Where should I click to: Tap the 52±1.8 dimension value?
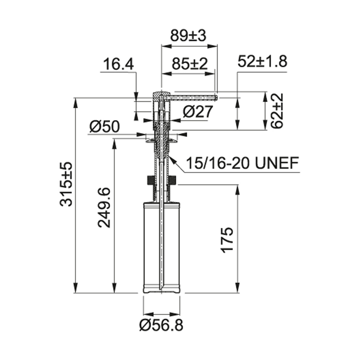click(x=262, y=62)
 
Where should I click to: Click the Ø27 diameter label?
click(x=198, y=112)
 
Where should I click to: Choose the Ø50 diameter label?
click(x=104, y=127)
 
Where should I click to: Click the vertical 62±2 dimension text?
click(x=278, y=111)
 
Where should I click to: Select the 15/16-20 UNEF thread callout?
click(x=242, y=163)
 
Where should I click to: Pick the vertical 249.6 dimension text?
click(x=104, y=207)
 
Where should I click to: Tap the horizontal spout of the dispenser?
click(x=193, y=95)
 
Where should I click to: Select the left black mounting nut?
click(x=150, y=181)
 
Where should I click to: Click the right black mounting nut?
click(x=173, y=181)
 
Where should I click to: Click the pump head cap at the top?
click(x=160, y=94)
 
